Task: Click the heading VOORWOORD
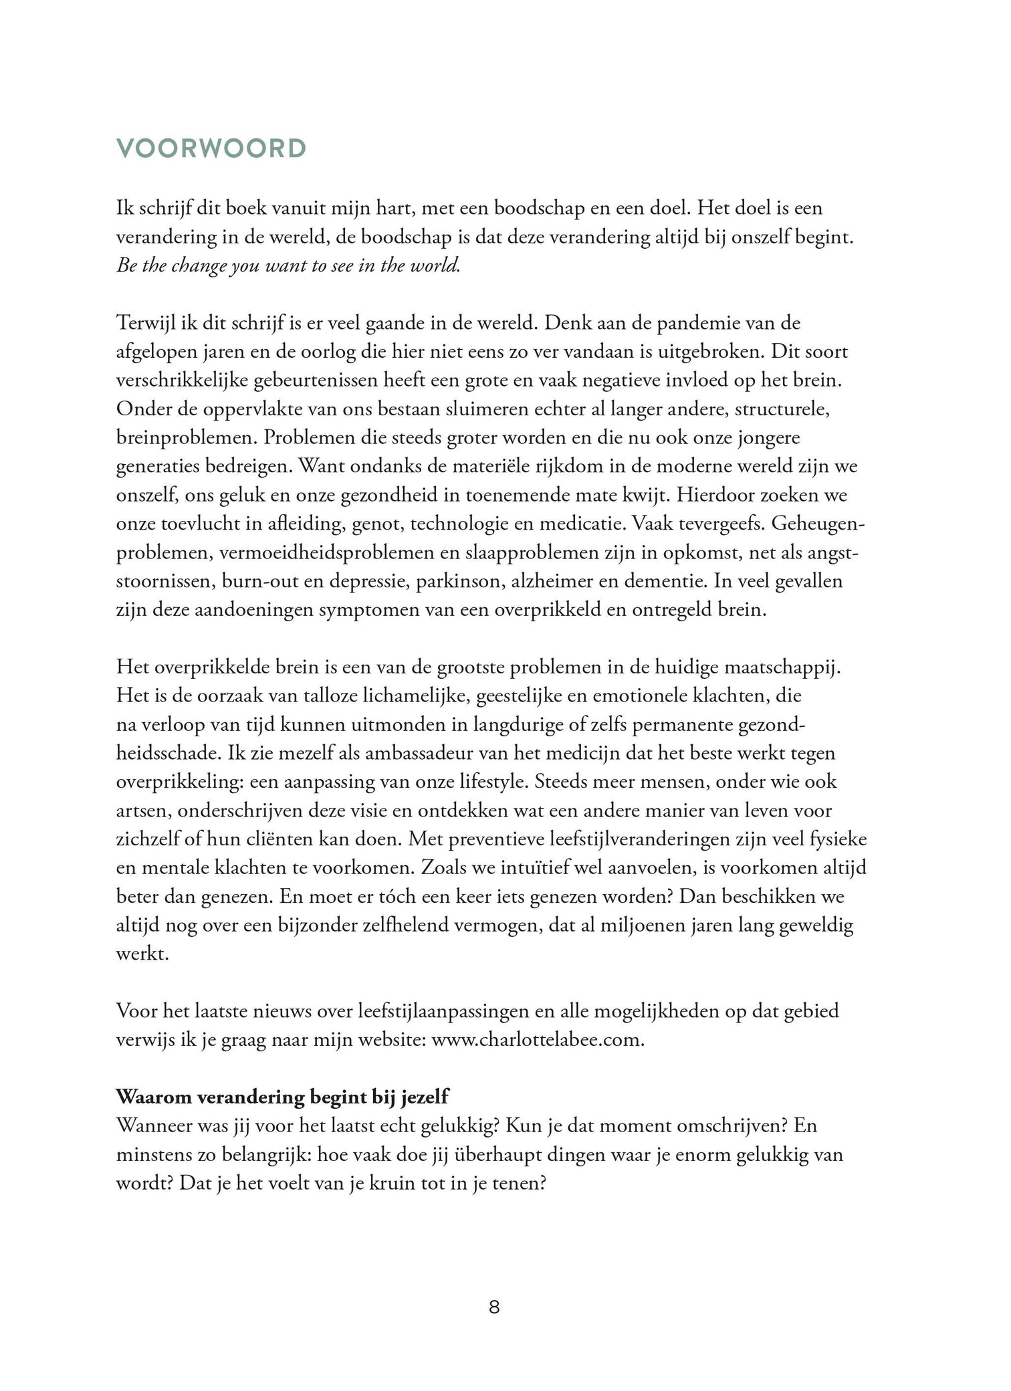211,148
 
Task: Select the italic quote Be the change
288,266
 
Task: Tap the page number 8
494,1308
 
